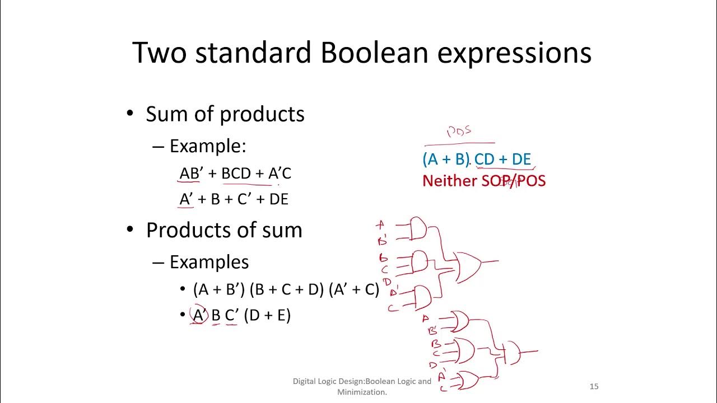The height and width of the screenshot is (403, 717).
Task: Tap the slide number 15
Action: pos(594,386)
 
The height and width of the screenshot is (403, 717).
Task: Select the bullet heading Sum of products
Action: pos(225,114)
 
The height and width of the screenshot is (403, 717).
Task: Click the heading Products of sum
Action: pos(224,230)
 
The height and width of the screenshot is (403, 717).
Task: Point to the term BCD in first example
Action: pos(236,174)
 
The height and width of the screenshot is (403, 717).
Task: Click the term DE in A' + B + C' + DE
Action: pos(278,199)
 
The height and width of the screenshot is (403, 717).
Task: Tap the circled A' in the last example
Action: pos(198,316)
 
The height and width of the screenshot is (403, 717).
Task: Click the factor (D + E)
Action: pos(267,316)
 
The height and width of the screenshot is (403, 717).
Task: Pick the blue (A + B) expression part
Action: pos(445,160)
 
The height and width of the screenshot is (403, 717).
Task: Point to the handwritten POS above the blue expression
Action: pos(459,132)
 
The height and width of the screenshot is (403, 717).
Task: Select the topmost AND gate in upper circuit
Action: pos(418,228)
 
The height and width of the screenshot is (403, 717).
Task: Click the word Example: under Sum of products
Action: pos(208,147)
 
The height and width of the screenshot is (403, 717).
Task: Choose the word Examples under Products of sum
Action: pos(209,262)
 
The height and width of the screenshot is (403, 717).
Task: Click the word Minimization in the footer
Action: pos(362,392)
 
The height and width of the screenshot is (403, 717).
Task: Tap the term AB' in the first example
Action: pos(190,174)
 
